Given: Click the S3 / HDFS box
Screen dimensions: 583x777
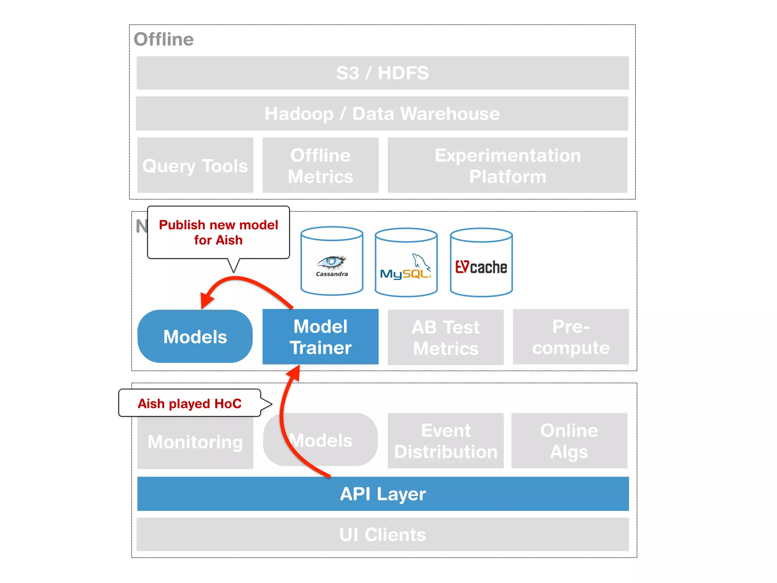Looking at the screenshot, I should coord(382,73).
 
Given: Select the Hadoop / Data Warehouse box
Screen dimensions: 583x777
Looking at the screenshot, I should coord(382,113).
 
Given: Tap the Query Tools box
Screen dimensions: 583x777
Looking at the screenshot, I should coord(195,165).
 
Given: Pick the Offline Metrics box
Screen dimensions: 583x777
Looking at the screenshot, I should coord(320,165).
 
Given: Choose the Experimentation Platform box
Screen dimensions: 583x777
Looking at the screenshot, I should coord(507,165).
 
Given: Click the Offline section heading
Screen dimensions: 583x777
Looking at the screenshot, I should coord(164,39).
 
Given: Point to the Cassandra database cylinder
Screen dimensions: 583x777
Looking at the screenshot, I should coord(332,261).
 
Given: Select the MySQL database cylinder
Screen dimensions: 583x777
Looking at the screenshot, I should coord(406,263).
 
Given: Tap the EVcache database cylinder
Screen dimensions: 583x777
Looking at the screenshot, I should coord(481,263).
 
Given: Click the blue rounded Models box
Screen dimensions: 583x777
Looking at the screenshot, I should coord(195,337).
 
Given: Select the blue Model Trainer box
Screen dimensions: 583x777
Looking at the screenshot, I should coord(320,337).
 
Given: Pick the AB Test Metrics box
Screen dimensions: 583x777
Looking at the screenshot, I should coord(445,337).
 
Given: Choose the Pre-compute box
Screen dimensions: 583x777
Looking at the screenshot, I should coord(571,337).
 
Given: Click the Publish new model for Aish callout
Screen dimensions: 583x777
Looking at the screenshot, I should coord(218,232).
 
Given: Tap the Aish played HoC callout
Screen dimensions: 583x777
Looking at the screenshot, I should coord(189,403).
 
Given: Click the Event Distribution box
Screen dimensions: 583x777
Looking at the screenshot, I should coord(445,441).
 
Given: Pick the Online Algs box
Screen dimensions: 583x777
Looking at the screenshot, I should coord(569,441).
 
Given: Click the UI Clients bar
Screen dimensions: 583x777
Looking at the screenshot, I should coord(382,534).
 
